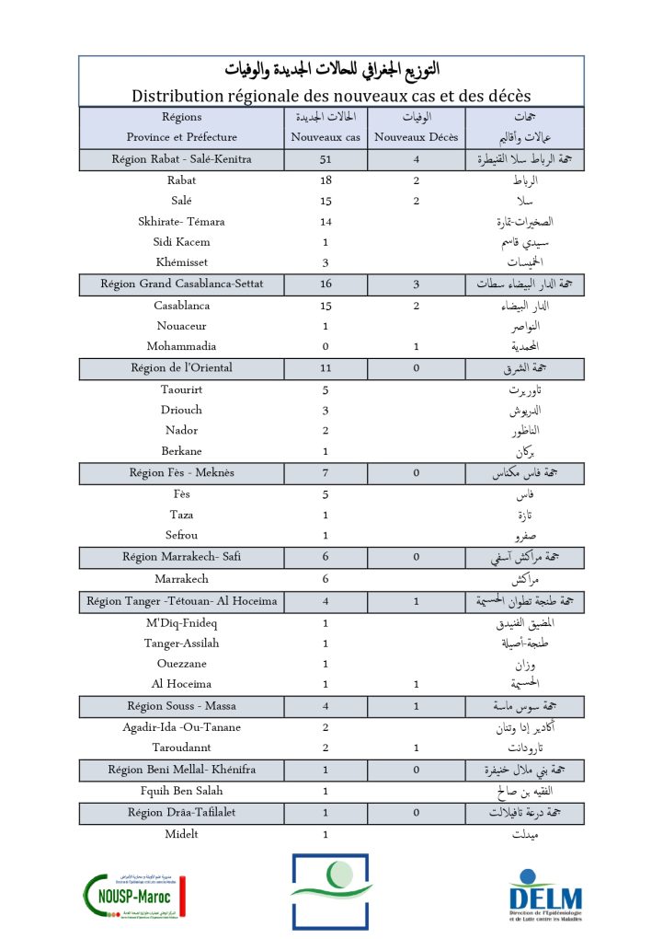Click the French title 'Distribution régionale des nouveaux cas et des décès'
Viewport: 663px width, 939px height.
pos(331,96)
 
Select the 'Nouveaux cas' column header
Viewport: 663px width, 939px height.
pos(326,137)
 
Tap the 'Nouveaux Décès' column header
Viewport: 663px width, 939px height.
pos(419,137)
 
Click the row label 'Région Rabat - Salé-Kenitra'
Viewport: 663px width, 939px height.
pos(181,159)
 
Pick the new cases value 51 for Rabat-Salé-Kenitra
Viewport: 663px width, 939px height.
pos(326,159)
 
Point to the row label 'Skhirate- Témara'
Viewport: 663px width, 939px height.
pos(181,222)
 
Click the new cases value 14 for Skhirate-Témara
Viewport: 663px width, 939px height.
pos(326,222)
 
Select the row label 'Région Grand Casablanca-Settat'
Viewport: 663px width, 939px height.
pos(181,284)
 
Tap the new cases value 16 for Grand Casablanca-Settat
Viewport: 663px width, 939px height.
pos(326,284)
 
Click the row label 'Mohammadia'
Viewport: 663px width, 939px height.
pos(181,347)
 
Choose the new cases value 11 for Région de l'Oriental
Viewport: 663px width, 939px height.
pos(326,368)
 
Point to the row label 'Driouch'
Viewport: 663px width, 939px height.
pos(181,410)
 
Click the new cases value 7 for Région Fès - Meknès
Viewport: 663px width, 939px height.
pos(326,473)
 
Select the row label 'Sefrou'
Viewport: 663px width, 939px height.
pos(181,536)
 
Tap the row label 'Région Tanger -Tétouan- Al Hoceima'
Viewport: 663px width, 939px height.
pos(181,602)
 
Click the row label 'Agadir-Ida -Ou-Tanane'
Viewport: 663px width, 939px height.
pos(181,727)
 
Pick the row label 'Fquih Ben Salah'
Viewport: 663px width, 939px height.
pos(181,791)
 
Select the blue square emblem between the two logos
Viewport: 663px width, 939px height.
pos(331,891)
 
